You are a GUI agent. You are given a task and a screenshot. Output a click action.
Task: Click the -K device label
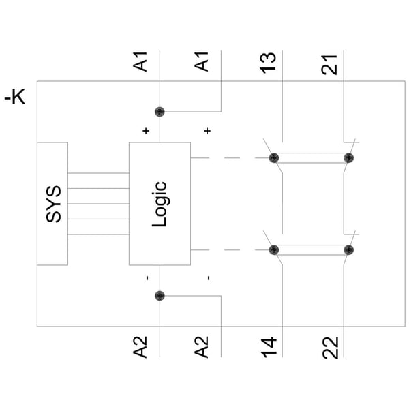point(15,97)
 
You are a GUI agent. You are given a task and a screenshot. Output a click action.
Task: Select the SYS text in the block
point(53,204)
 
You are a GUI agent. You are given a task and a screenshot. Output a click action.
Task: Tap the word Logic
point(160,204)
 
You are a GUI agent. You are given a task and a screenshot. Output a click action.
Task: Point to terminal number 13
point(268,63)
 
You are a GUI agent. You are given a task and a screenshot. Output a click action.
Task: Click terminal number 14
point(269,347)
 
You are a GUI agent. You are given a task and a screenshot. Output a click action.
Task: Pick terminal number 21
point(329,65)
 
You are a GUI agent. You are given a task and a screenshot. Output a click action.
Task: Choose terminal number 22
point(330,348)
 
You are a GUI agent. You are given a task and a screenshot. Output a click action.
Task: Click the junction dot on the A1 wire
point(160,112)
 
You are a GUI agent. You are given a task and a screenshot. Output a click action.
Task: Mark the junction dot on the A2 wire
point(160,296)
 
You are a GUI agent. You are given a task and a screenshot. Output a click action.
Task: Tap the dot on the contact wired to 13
point(274,158)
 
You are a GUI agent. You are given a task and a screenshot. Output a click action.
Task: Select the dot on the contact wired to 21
point(349,158)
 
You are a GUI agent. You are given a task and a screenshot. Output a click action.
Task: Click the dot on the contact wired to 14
point(274,250)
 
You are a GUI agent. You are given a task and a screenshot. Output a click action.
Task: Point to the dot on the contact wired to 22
point(349,250)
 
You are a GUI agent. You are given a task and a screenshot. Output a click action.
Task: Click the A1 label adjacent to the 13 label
point(201,61)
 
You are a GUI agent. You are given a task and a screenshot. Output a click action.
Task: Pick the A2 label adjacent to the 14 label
point(201,347)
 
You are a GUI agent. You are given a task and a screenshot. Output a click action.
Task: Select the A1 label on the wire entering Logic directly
point(140,61)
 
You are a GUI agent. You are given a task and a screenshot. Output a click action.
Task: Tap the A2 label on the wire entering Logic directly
point(140,347)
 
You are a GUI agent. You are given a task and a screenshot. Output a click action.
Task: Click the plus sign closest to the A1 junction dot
point(146,131)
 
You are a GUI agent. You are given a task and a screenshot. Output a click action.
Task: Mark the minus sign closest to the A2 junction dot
point(148,278)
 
